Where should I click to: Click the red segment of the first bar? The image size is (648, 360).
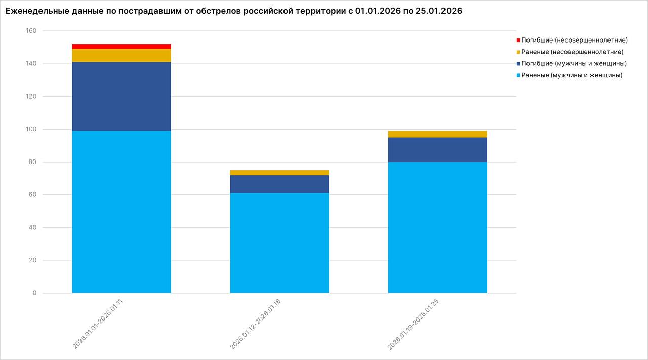[121, 46]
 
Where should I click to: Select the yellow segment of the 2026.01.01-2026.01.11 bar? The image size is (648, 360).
[121, 55]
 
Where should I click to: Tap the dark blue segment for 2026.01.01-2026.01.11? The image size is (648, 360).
[121, 96]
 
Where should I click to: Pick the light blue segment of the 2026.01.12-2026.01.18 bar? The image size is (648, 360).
[279, 243]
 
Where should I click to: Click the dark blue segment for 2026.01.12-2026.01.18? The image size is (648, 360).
[279, 184]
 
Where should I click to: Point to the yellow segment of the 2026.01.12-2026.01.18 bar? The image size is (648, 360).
[279, 173]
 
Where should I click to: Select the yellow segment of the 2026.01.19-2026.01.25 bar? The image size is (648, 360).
[437, 134]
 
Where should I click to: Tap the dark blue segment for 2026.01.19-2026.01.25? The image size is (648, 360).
[437, 149]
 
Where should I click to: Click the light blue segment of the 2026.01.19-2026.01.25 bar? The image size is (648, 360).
[437, 227]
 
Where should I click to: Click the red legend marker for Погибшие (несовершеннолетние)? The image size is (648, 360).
[518, 40]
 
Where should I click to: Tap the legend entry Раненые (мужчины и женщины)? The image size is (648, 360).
[572, 75]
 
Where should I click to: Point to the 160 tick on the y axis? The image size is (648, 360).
[31, 31]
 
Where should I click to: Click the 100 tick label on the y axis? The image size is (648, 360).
[31, 129]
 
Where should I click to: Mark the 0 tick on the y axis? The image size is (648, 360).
[34, 293]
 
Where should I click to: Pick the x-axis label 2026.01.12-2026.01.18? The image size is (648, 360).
[256, 324]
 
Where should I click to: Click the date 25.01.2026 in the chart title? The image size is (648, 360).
[439, 11]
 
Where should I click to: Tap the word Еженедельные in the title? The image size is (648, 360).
[35, 11]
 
